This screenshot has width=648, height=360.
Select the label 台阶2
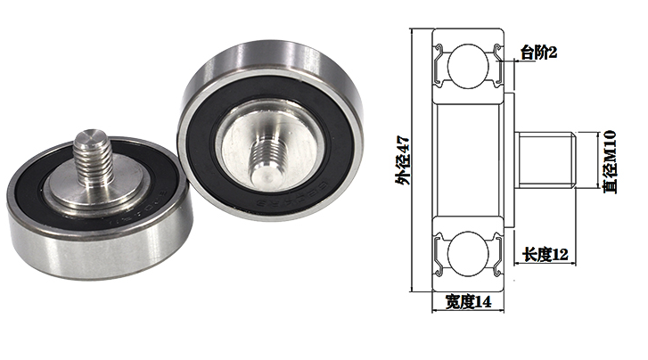(x=539, y=53)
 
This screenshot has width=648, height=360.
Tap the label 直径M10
(x=610, y=160)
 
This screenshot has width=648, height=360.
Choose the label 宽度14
(x=468, y=302)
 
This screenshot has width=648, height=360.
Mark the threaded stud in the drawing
(x=545, y=160)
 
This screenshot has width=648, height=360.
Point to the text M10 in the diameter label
(x=610, y=146)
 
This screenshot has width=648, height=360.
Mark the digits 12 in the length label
(x=560, y=256)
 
